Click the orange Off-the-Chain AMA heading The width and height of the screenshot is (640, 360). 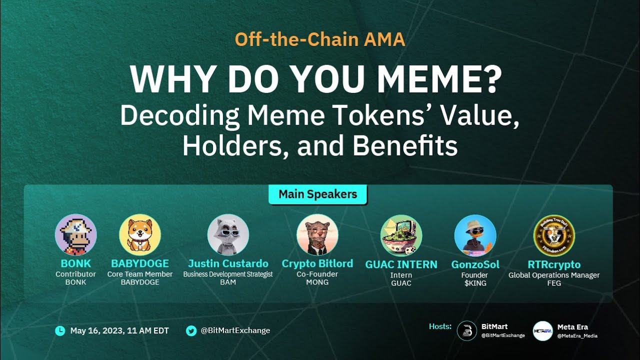point(320,39)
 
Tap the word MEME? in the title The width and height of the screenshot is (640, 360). point(435,79)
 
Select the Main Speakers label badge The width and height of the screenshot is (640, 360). point(318,194)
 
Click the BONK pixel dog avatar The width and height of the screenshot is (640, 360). point(76,235)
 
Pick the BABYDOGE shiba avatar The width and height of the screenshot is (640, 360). point(140,235)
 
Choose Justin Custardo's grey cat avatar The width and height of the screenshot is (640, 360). point(228,235)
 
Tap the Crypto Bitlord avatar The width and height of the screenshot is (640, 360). point(317,235)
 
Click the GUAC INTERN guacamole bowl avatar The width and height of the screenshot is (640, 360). point(401,235)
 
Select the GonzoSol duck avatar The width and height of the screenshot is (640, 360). point(475,235)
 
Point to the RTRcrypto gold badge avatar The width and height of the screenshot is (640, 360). point(554,235)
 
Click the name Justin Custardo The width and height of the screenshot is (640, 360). point(228,263)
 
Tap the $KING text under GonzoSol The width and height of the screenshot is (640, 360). point(475,283)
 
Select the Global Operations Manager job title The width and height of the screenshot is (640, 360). point(554,275)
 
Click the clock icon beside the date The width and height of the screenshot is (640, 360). point(60,330)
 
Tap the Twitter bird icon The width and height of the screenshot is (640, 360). point(191,330)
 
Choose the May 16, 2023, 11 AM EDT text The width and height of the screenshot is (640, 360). point(119,330)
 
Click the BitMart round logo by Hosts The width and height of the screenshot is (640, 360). point(467,330)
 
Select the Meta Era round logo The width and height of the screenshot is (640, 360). point(542,330)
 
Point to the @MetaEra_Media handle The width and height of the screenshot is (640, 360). point(577,336)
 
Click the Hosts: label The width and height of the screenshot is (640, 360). point(440,326)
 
